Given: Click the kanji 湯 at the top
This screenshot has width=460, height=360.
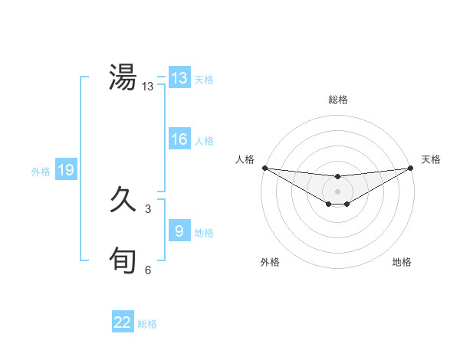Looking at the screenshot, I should coord(123,78).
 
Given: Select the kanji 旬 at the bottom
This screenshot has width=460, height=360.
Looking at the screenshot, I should coord(123,261).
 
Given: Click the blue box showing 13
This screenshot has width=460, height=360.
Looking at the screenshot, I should coord(179,78).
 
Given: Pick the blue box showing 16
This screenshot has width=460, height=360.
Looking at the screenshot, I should coord(179,139).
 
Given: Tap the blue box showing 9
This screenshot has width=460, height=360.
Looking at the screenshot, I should coord(179,231).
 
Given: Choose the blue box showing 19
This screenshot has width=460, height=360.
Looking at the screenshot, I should coord(66,170).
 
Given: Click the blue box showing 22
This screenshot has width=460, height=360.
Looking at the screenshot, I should coord(123,322).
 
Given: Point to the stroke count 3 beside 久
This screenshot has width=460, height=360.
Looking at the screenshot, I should coord(148,209).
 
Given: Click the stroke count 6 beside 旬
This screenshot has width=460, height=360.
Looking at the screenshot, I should coord(148,270).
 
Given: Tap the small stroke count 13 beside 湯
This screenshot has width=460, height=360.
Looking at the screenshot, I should coord(148,87).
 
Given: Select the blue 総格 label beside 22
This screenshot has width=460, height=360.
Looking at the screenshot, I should coord(147,324).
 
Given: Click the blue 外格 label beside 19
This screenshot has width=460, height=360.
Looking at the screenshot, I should coord(41,172).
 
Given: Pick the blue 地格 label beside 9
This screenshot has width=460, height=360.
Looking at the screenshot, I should coord(204,233).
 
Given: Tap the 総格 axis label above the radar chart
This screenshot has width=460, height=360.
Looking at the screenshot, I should coord(337,100).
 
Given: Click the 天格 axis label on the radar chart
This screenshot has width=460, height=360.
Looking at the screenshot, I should coord(432,159).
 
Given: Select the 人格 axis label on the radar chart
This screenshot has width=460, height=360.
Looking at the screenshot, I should coord(245,159).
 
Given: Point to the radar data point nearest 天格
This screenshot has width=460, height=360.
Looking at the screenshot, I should coord(411,168).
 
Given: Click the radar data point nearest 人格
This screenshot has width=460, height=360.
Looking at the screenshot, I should coord(264,168).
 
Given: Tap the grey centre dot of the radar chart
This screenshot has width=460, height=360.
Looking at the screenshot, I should coord(337,191).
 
